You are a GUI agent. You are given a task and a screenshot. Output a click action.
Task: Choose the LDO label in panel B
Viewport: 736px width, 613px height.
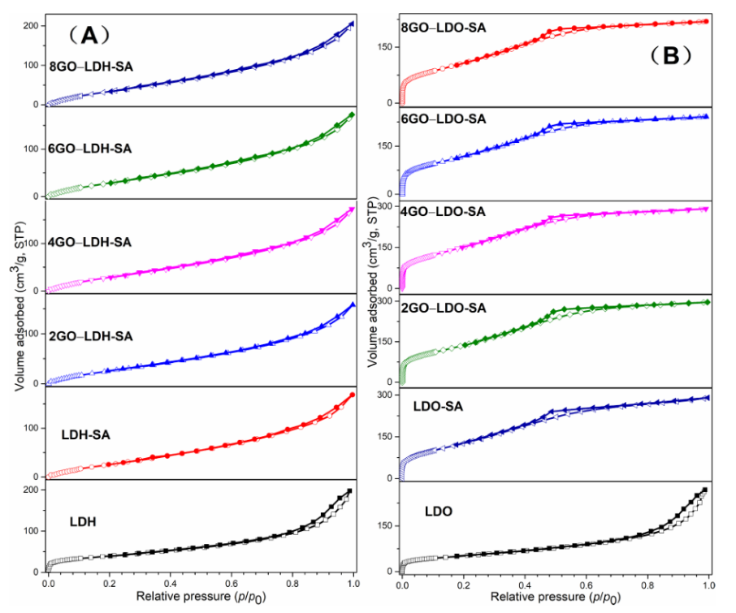(438, 512)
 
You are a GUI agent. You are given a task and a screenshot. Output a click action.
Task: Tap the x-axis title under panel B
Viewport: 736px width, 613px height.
(555, 598)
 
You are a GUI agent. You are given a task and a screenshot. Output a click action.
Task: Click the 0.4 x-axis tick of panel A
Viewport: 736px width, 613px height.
(171, 583)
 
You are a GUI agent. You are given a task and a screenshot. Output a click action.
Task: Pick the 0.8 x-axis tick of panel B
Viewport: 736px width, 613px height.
(647, 584)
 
